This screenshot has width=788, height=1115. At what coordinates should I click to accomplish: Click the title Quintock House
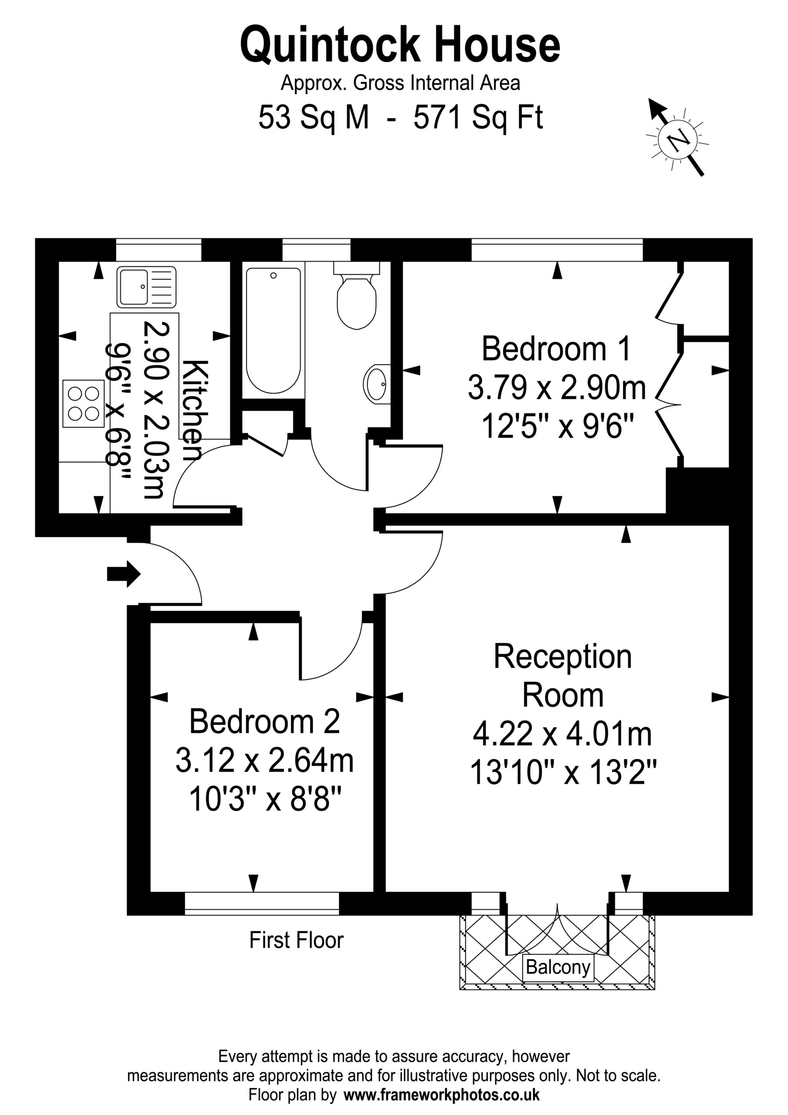400,45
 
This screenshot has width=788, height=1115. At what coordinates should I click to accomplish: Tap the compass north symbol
677,138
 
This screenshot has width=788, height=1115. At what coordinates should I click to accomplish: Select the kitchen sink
146,287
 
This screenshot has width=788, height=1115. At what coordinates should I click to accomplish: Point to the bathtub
273,330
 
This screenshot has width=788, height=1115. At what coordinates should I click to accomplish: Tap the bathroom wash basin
376,384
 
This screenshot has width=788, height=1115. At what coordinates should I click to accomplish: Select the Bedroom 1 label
556,349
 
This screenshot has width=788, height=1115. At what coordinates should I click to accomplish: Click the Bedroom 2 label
264,722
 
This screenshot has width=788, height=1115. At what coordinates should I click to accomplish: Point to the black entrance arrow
124,574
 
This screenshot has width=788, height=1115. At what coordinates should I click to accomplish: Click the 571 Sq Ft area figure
478,118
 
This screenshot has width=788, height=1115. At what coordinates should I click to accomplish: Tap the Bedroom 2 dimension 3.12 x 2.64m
265,760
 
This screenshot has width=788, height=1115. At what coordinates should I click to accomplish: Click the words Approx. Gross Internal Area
401,83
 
